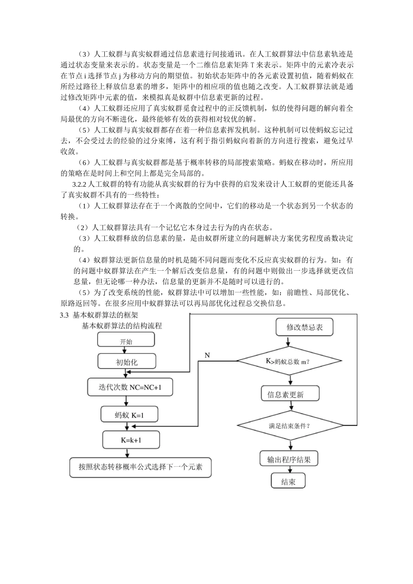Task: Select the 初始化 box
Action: [x=127, y=362]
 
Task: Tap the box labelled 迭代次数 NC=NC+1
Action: [x=130, y=387]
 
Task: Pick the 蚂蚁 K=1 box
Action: [x=129, y=415]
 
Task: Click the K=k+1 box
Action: [x=131, y=440]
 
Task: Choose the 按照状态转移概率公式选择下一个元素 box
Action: [x=140, y=467]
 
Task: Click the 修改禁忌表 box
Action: [x=304, y=327]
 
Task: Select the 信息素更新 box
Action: [x=290, y=394]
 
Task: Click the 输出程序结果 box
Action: [x=289, y=459]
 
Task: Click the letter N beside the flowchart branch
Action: [x=207, y=355]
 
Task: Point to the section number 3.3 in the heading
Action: [x=65, y=315]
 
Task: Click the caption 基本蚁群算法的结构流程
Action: [x=122, y=325]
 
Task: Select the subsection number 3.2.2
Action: [x=80, y=184]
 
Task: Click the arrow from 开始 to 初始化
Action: [x=126, y=350]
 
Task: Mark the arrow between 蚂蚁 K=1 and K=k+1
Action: [x=129, y=426]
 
